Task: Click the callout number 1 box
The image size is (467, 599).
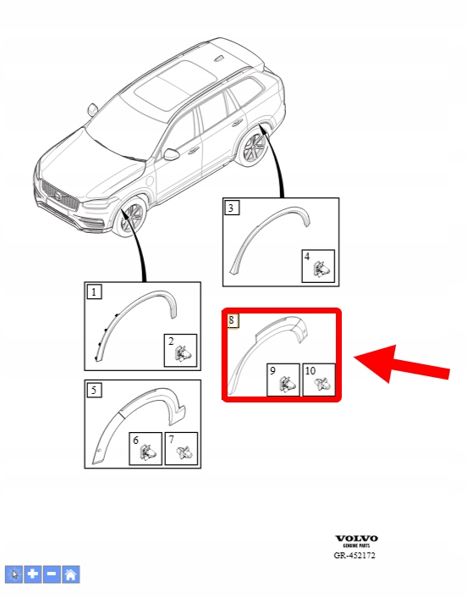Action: point(94,292)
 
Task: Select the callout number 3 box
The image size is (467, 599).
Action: point(232,208)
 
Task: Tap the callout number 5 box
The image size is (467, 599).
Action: point(94,390)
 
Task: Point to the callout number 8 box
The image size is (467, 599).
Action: point(233,320)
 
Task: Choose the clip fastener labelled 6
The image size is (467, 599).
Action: point(148,452)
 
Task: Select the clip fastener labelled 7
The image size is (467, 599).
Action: point(184,452)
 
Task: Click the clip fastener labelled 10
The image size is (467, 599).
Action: point(322,384)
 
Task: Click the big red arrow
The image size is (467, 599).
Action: point(402,363)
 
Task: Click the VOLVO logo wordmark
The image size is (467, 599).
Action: point(356,538)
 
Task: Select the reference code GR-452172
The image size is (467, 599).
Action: point(354,556)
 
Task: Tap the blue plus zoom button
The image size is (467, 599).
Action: point(33,574)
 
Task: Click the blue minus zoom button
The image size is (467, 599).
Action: point(52,574)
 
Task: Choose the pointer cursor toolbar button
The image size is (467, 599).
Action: point(14,574)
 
